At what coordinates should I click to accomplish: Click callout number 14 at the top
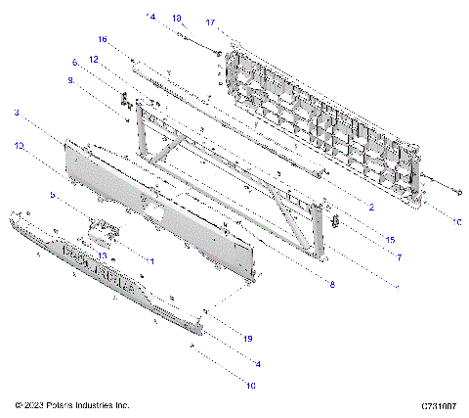pyautogui.click(x=151, y=17)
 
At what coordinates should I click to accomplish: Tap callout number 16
pyautogui.click(x=102, y=39)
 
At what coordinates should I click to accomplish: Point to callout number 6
pyautogui.click(x=74, y=62)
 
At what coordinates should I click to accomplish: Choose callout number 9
pyautogui.click(x=70, y=81)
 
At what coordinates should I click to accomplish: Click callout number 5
pyautogui.click(x=56, y=194)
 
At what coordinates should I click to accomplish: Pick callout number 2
pyautogui.click(x=371, y=208)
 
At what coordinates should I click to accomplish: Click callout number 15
pyautogui.click(x=389, y=240)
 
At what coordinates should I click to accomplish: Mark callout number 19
pyautogui.click(x=248, y=338)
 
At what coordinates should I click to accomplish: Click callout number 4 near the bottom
pyautogui.click(x=256, y=363)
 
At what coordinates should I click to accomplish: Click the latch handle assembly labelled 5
pyautogui.click(x=103, y=230)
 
